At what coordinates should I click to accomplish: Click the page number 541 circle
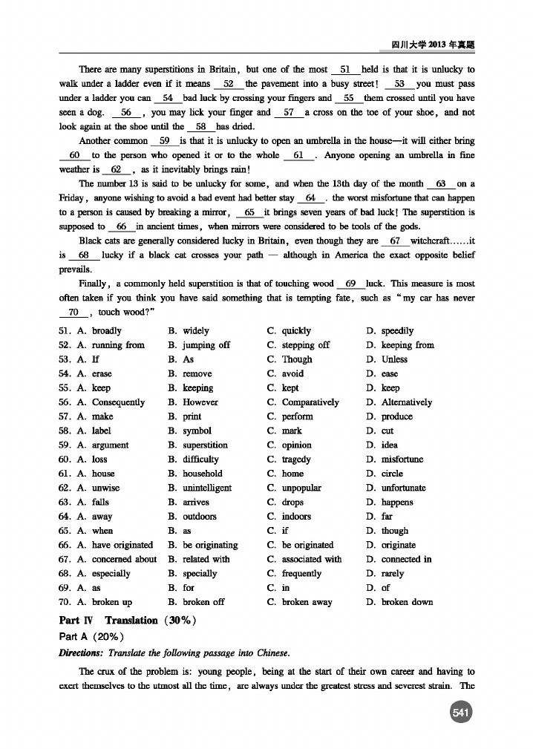pyautogui.click(x=462, y=713)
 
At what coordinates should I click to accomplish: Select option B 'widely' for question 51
pyautogui.click(x=196, y=331)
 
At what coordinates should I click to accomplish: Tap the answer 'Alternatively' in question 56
pyautogui.click(x=406, y=402)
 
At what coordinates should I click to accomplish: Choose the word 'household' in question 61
pyautogui.click(x=202, y=474)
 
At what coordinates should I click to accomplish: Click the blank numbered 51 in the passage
pyautogui.click(x=344, y=69)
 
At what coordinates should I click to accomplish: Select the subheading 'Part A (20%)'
pyautogui.click(x=91, y=637)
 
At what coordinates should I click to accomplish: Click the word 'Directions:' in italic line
pyautogui.click(x=82, y=653)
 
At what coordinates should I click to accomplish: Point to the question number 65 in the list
pyautogui.click(x=65, y=531)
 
